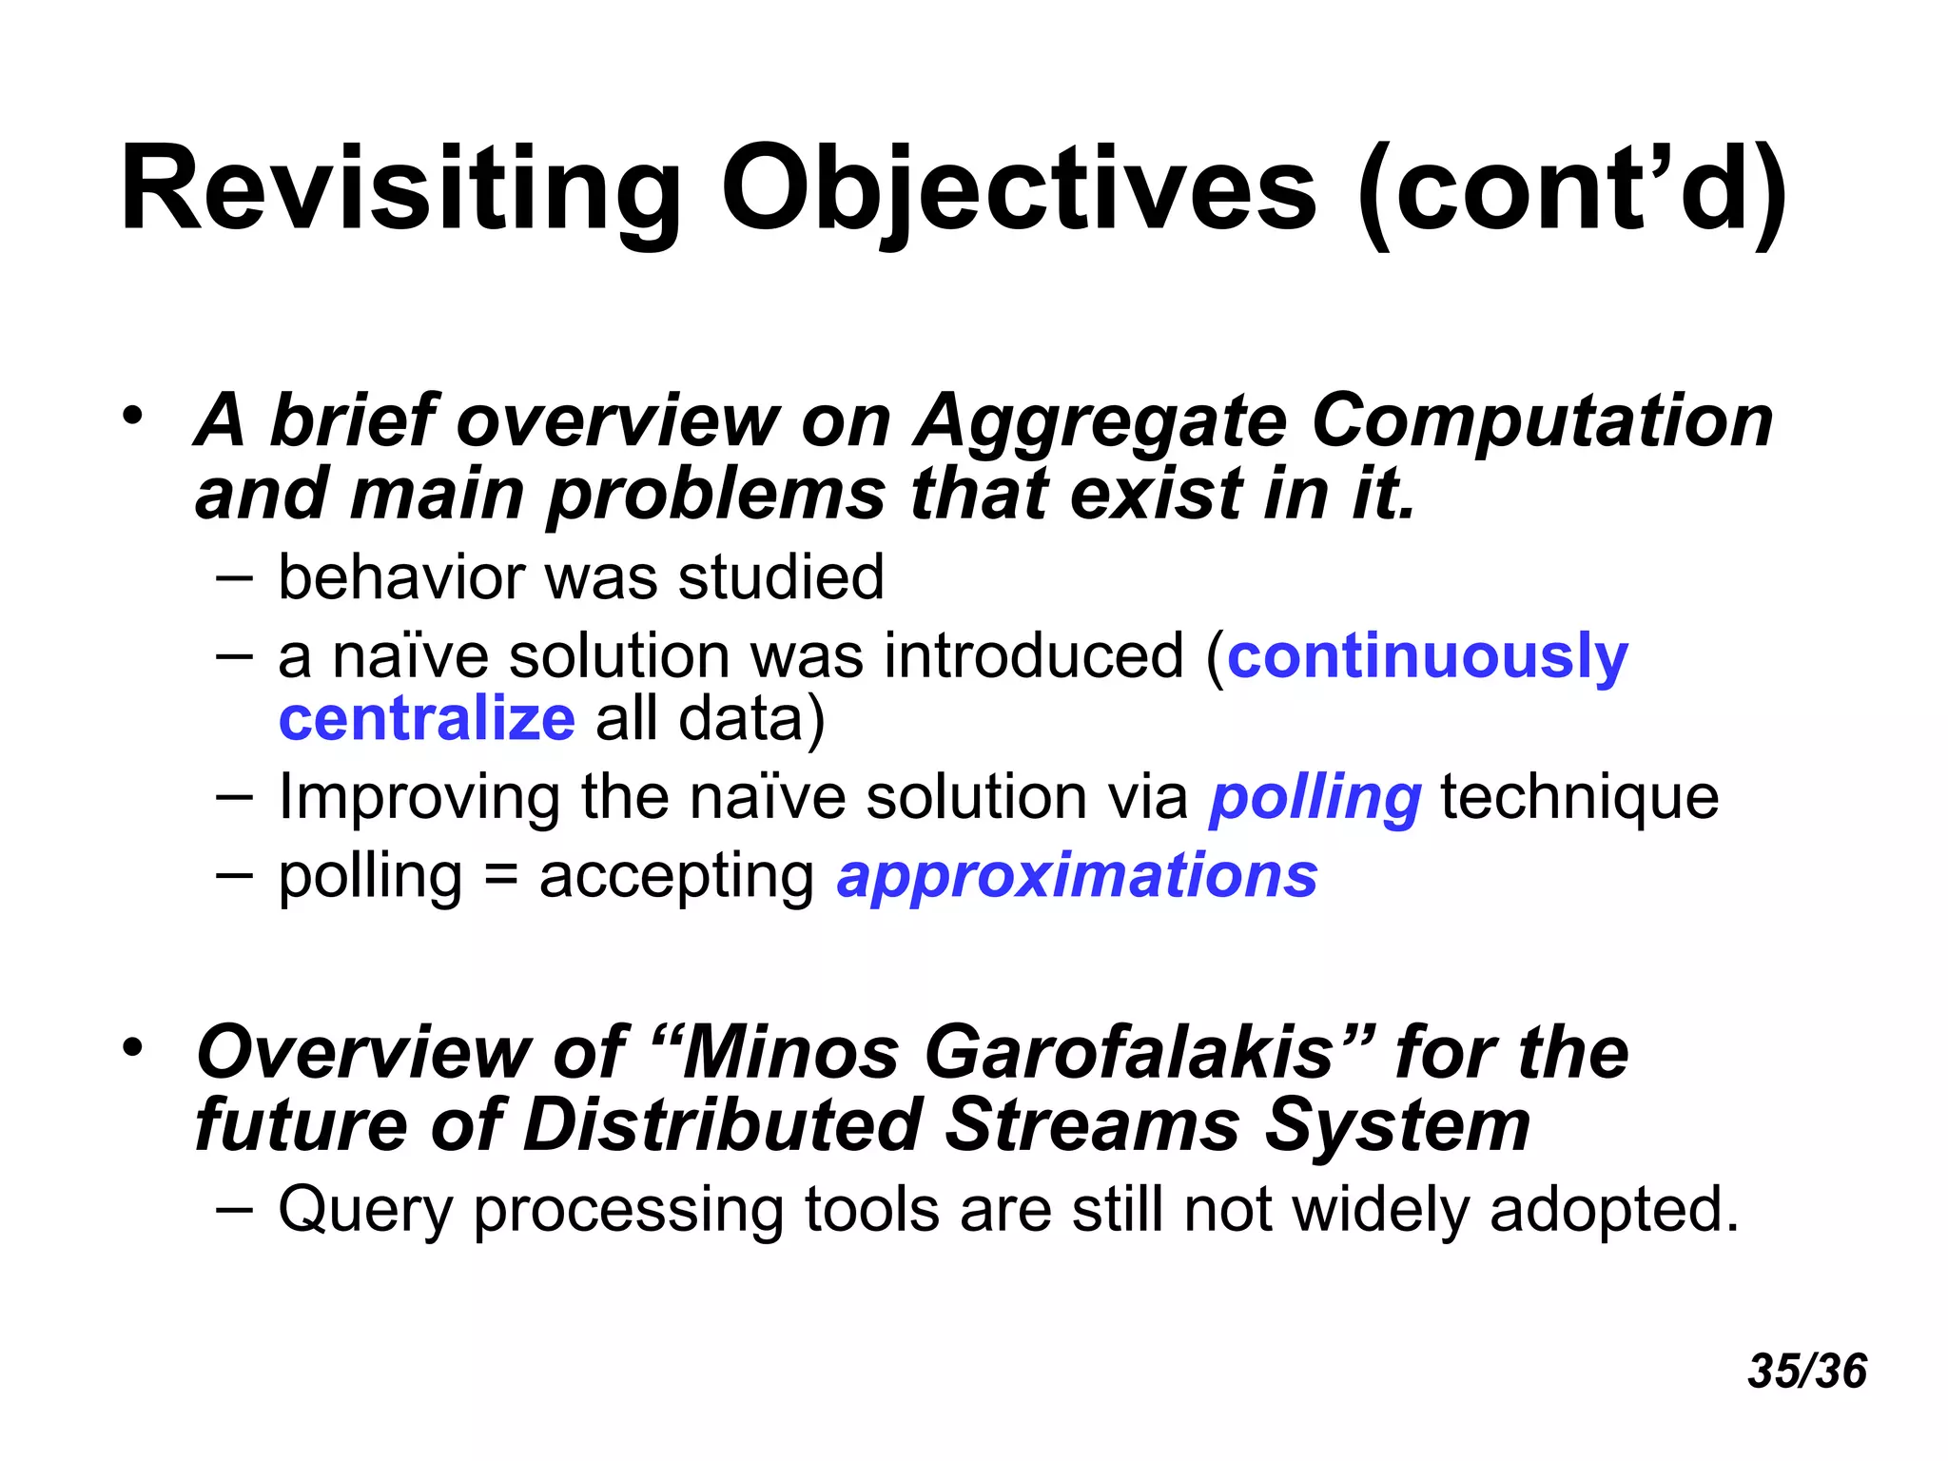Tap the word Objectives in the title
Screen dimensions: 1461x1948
click(1018, 190)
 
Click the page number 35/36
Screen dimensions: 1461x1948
click(1807, 1372)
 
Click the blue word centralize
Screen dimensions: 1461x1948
click(426, 719)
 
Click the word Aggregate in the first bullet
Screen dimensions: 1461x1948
click(1101, 420)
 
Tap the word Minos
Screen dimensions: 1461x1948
click(789, 1053)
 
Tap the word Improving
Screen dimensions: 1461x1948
click(419, 797)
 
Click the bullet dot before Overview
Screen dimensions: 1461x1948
click(132, 1048)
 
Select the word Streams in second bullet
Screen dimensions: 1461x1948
click(1094, 1125)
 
